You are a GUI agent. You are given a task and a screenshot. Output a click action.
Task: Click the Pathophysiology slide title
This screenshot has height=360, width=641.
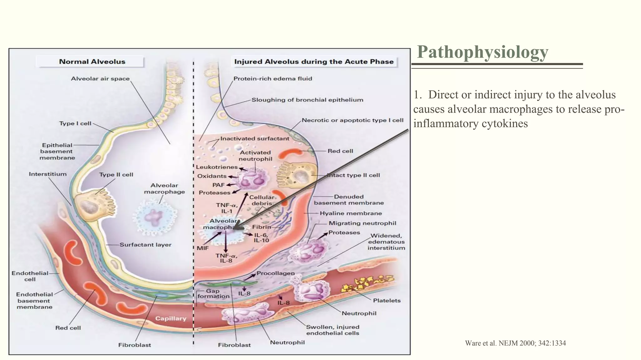(x=482, y=52)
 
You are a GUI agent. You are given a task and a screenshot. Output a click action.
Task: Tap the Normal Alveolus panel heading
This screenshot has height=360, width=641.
(x=92, y=62)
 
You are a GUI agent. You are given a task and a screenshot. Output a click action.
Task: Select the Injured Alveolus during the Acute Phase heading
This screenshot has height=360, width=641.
(x=314, y=62)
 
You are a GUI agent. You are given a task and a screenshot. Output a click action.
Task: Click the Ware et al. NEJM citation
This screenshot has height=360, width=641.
(x=515, y=343)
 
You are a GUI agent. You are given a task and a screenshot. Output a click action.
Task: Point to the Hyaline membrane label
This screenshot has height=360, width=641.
(x=351, y=213)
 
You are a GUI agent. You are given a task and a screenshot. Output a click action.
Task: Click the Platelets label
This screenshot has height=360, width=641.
(x=387, y=301)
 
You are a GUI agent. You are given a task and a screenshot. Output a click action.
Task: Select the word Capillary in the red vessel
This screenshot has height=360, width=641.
(x=171, y=318)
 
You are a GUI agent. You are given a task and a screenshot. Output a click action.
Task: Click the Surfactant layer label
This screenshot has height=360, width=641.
(x=146, y=245)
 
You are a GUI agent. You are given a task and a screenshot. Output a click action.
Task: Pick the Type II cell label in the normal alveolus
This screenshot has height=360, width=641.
(x=116, y=175)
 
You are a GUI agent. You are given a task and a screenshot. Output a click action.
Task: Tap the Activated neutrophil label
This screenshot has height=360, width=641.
(x=255, y=156)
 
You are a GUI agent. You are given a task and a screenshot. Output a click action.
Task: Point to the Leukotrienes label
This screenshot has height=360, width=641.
(x=217, y=167)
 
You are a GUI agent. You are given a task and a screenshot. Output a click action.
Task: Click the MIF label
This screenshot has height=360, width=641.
(x=203, y=248)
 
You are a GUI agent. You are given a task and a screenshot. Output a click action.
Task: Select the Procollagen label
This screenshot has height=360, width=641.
(x=275, y=273)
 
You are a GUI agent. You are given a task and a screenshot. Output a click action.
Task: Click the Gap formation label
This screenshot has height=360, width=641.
(x=213, y=294)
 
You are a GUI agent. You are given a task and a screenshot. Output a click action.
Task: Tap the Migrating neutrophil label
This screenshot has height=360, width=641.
(x=362, y=223)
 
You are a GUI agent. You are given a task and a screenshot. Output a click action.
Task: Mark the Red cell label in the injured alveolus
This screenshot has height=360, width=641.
(x=340, y=151)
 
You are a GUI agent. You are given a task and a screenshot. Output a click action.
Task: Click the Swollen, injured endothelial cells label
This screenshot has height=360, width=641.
(x=332, y=330)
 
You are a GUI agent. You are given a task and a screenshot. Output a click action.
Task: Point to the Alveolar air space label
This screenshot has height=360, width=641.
(x=100, y=79)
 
